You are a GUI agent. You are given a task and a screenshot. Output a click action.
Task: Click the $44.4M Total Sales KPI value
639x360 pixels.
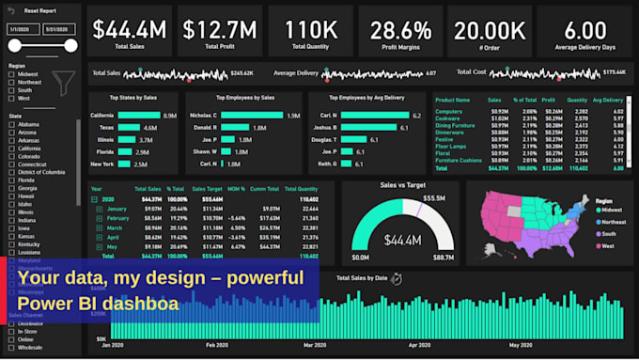click(x=131, y=30)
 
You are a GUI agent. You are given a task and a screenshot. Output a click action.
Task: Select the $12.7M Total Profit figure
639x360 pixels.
click(x=220, y=30)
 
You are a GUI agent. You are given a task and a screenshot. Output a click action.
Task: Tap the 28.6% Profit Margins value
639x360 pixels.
click(x=400, y=30)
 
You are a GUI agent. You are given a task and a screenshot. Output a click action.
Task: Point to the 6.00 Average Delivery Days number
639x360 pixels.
click(x=585, y=30)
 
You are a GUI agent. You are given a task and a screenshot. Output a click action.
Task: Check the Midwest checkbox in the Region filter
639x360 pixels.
click(x=11, y=74)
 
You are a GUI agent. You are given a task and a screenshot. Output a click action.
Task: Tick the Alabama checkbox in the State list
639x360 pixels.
click(x=11, y=124)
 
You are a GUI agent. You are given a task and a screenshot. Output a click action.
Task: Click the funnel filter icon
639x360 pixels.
click(x=63, y=83)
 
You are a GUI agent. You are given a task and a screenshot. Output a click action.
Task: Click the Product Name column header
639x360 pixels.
click(x=453, y=99)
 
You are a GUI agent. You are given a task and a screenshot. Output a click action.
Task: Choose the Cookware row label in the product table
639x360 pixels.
click(x=449, y=118)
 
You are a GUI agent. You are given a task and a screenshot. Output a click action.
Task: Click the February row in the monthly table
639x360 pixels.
click(x=117, y=218)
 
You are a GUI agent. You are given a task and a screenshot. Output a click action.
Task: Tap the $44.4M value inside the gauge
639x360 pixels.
click(x=400, y=241)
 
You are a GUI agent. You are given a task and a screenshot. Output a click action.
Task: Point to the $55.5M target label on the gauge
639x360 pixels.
click(x=433, y=198)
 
